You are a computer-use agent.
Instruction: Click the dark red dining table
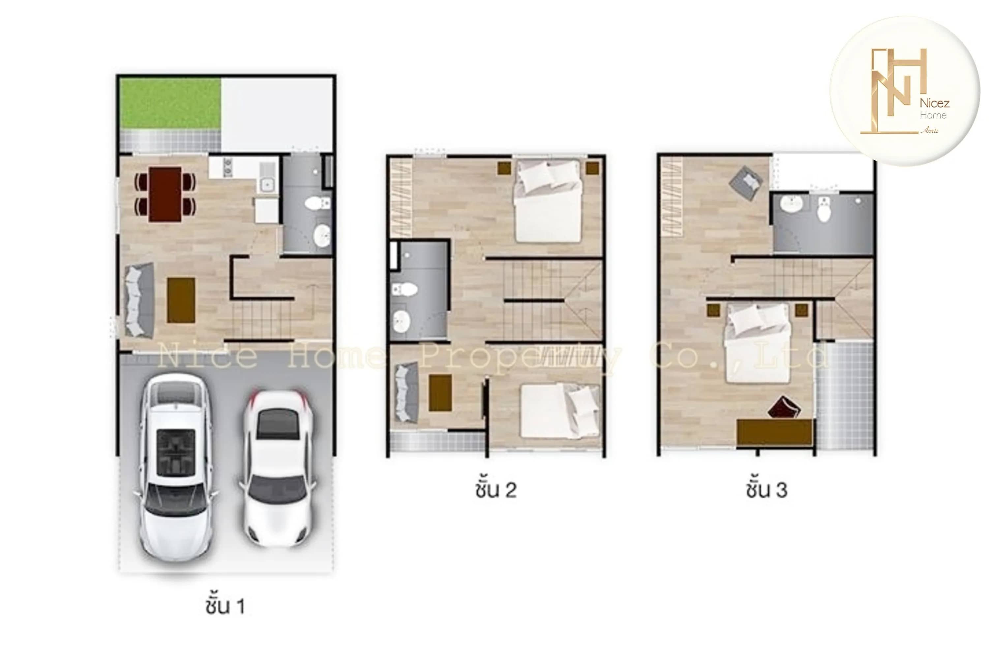165,194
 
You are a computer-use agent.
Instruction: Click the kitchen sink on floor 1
266,184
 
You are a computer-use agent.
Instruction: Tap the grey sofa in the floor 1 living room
137,300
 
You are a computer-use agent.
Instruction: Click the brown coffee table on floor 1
181,300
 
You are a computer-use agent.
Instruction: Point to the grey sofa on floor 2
405,393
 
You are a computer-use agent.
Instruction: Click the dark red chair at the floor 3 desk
783,407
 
